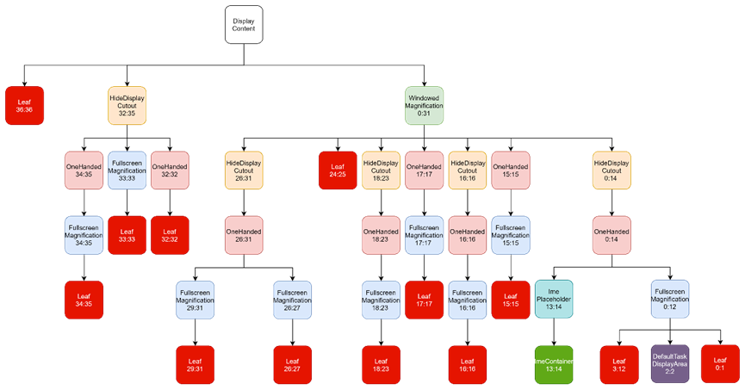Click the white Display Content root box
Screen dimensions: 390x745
click(244, 25)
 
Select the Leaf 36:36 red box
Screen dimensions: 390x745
click(24, 105)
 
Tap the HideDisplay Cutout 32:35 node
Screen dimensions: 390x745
click(127, 105)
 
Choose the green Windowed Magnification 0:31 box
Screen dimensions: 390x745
click(424, 105)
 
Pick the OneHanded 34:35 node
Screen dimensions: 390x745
click(84, 170)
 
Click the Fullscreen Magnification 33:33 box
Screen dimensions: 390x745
click(127, 170)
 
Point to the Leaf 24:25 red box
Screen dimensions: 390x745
click(338, 170)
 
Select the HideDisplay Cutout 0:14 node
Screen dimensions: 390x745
click(612, 170)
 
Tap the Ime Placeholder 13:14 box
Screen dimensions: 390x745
click(554, 300)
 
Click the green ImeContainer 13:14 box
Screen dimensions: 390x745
click(553, 364)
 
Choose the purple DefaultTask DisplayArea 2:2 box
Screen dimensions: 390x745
click(670, 364)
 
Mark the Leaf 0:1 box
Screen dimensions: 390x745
click(720, 363)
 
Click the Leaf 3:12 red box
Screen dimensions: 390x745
click(619, 364)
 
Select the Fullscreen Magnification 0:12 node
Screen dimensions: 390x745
click(670, 300)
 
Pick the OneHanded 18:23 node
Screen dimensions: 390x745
click(381, 235)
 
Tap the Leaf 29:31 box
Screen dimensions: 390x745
click(195, 364)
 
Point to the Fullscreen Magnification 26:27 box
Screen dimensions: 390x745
click(292, 300)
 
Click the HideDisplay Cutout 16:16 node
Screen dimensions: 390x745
click(468, 170)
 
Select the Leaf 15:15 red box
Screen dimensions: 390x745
click(511, 300)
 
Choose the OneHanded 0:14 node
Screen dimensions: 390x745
click(612, 235)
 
